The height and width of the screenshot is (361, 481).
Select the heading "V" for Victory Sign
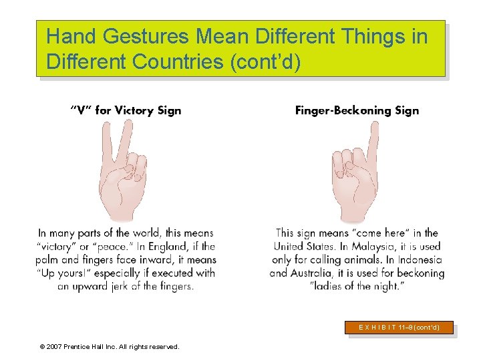pyautogui.click(x=126, y=110)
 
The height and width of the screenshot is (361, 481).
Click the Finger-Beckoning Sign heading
pyautogui.click(x=357, y=110)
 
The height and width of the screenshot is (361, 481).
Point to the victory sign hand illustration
pyautogui.click(x=123, y=171)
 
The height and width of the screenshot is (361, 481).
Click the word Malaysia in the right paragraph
pyautogui.click(x=373, y=246)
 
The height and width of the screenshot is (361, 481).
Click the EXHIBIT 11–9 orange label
pyautogui.click(x=399, y=328)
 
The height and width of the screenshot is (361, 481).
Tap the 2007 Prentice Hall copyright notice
pyautogui.click(x=110, y=346)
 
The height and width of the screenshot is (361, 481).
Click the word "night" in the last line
pyautogui.click(x=389, y=286)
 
